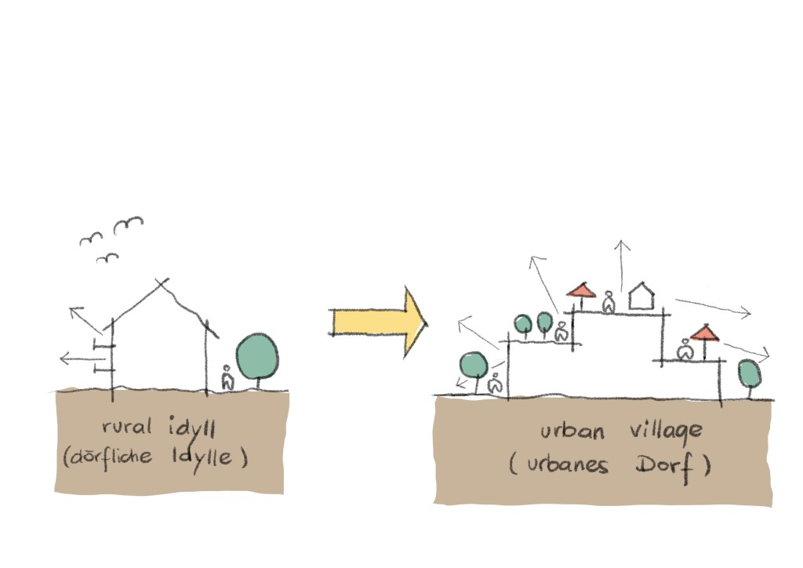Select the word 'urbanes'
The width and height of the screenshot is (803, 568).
point(565,464)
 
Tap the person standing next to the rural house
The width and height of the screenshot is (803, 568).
point(227,379)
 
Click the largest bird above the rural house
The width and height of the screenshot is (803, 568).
point(129,225)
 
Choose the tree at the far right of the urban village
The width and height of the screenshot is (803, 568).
point(750,373)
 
